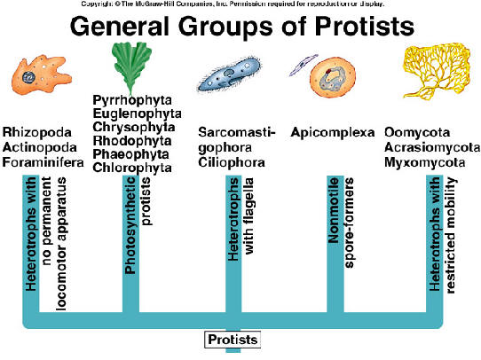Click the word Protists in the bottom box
pyautogui.click(x=232, y=340)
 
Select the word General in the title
pyautogui.click(x=128, y=27)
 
